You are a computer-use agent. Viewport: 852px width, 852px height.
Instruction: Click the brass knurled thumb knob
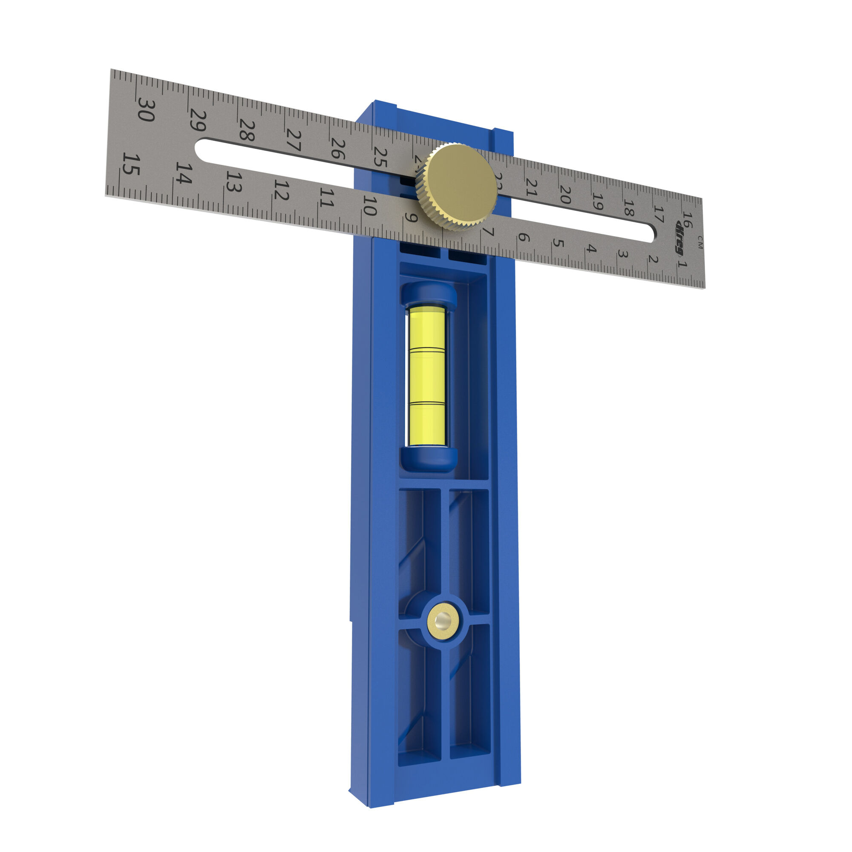coord(456,187)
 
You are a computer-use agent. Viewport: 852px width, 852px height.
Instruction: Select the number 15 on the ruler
coord(130,164)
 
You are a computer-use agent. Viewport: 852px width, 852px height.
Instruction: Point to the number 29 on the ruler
coord(198,120)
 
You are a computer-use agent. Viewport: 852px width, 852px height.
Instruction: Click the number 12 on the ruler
coord(281,190)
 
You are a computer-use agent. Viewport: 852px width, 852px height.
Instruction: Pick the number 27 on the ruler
coord(294,140)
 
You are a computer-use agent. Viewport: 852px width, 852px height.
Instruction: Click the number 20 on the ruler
coord(565,195)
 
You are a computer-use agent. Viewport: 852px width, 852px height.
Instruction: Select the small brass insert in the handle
coord(442,622)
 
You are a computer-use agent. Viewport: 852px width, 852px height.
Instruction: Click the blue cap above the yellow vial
coord(428,293)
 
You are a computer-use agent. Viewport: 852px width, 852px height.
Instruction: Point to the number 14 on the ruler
coord(184,173)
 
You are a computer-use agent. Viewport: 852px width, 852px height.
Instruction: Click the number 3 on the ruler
coord(622,254)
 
